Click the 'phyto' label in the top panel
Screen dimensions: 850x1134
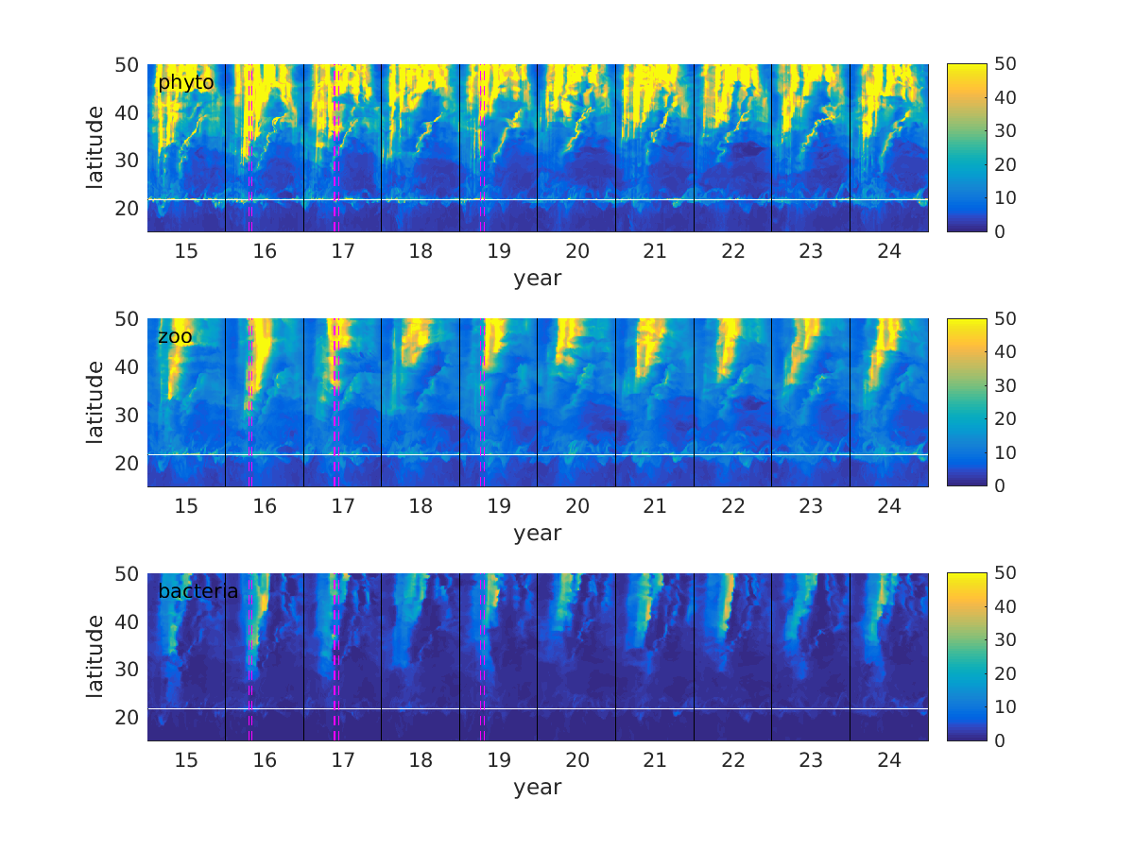pyautogui.click(x=185, y=83)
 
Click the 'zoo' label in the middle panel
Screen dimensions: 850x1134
pyautogui.click(x=175, y=337)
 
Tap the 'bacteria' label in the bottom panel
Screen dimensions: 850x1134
pyautogui.click(x=198, y=592)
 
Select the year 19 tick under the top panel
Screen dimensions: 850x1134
pyautogui.click(x=499, y=251)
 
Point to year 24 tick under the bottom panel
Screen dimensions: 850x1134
pyautogui.click(x=889, y=760)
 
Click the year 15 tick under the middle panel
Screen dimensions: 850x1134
pyautogui.click(x=186, y=505)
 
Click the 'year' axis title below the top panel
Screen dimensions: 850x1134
pyautogui.click(x=538, y=279)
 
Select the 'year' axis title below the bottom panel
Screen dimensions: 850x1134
pyautogui.click(x=538, y=788)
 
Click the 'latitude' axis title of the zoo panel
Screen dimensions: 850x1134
pyautogui.click(x=95, y=402)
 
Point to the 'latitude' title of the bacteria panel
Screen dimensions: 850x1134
pyautogui.click(x=95, y=656)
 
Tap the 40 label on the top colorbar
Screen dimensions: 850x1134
pyautogui.click(x=1005, y=98)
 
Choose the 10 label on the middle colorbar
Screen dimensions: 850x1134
pyautogui.click(x=1005, y=452)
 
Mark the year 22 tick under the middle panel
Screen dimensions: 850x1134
pyautogui.click(x=733, y=505)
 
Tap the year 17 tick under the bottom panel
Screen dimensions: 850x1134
pyautogui.click(x=342, y=760)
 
